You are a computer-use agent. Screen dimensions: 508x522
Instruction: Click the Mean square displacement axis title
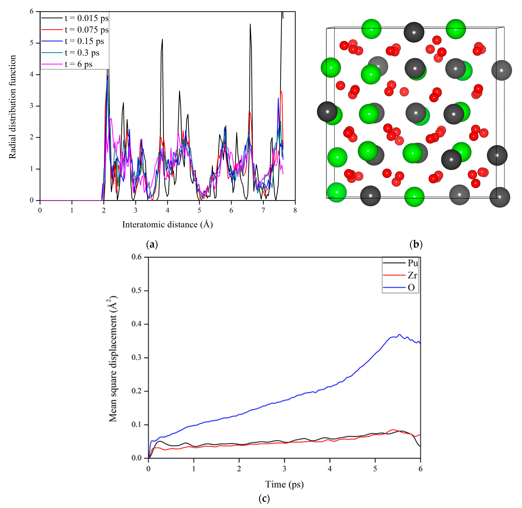[x=113, y=359]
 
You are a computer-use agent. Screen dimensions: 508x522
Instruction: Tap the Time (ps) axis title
[x=284, y=484]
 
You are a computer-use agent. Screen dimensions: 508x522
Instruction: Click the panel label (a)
[x=152, y=244]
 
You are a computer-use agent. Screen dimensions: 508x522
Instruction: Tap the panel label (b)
[x=416, y=244]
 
